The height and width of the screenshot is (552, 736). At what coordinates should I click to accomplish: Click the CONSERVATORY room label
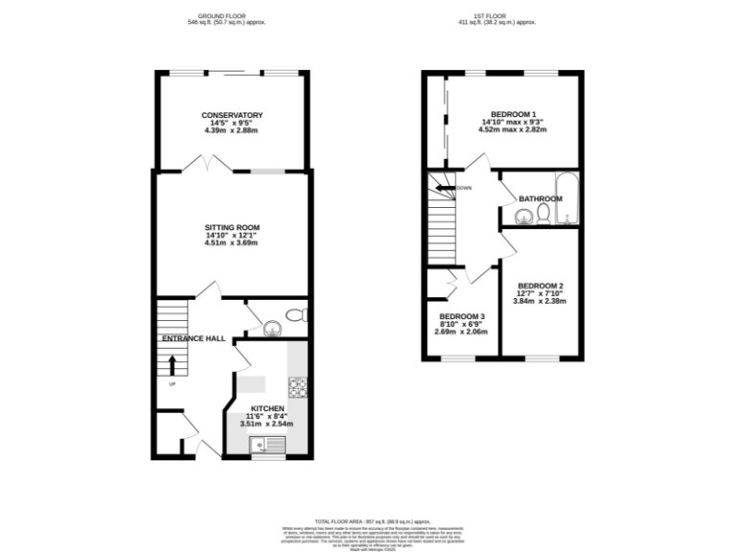pyautogui.click(x=232, y=115)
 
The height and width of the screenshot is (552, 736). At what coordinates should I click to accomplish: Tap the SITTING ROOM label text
pyautogui.click(x=232, y=227)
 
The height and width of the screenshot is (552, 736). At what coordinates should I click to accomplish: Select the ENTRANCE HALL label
pyautogui.click(x=193, y=338)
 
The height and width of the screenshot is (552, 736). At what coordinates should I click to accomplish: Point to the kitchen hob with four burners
pyautogui.click(x=298, y=388)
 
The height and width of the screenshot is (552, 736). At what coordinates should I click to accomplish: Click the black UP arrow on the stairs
pyautogui.click(x=172, y=365)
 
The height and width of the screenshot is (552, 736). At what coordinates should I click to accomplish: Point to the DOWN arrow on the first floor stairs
pyautogui.click(x=443, y=188)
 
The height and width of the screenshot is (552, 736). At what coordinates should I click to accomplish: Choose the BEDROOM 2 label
pyautogui.click(x=540, y=286)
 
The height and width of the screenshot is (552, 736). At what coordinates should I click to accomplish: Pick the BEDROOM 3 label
pyautogui.click(x=462, y=317)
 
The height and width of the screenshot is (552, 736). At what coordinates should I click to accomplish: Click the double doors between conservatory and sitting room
pyautogui.click(x=206, y=167)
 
